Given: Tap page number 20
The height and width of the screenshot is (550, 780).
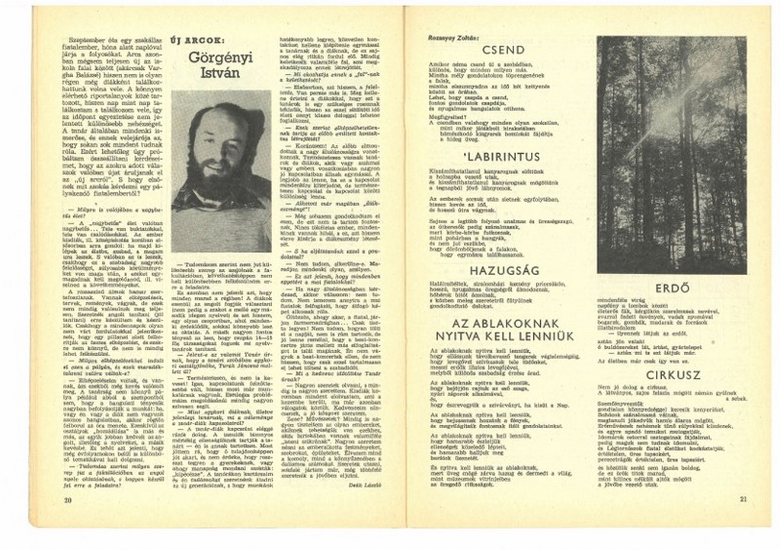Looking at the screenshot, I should click(x=68, y=499).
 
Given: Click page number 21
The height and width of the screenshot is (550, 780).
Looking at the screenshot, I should click(x=743, y=500).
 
